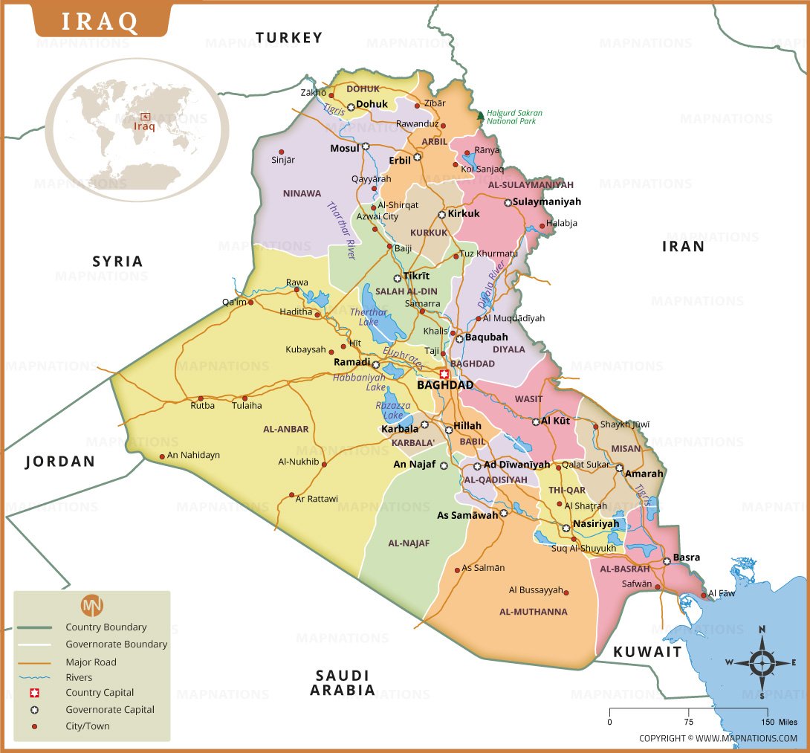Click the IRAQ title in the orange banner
[x=100, y=21]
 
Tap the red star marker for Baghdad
[x=444, y=375]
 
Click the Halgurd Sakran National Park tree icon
[x=480, y=117]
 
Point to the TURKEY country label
[x=289, y=37]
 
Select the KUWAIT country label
[x=647, y=652]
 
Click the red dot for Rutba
[x=201, y=398]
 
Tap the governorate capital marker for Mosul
[x=366, y=147]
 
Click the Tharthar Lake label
[x=369, y=317]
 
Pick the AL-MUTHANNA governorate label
[x=533, y=612]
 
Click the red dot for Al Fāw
[x=703, y=595]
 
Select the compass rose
[x=762, y=662]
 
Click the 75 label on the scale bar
[x=688, y=722]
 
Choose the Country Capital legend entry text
[x=100, y=693]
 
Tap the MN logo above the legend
[x=92, y=604]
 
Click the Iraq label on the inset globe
[x=144, y=126]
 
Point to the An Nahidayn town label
[x=193, y=455]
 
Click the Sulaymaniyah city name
[x=547, y=201]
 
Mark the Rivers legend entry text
[x=79, y=677]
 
